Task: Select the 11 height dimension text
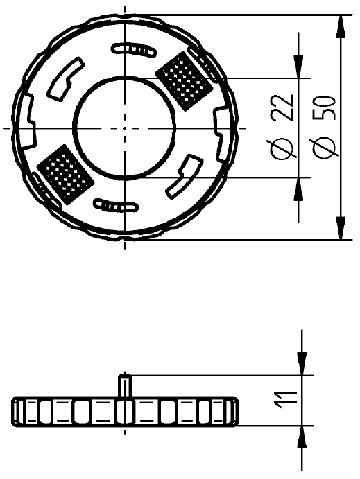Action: tap(283, 400)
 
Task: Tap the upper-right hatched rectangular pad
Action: tap(184, 81)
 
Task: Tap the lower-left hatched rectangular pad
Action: tap(65, 175)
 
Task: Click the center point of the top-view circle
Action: tap(125, 128)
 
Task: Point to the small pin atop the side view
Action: tap(124, 385)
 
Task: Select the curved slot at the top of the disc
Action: tap(134, 49)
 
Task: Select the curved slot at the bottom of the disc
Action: tap(116, 206)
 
